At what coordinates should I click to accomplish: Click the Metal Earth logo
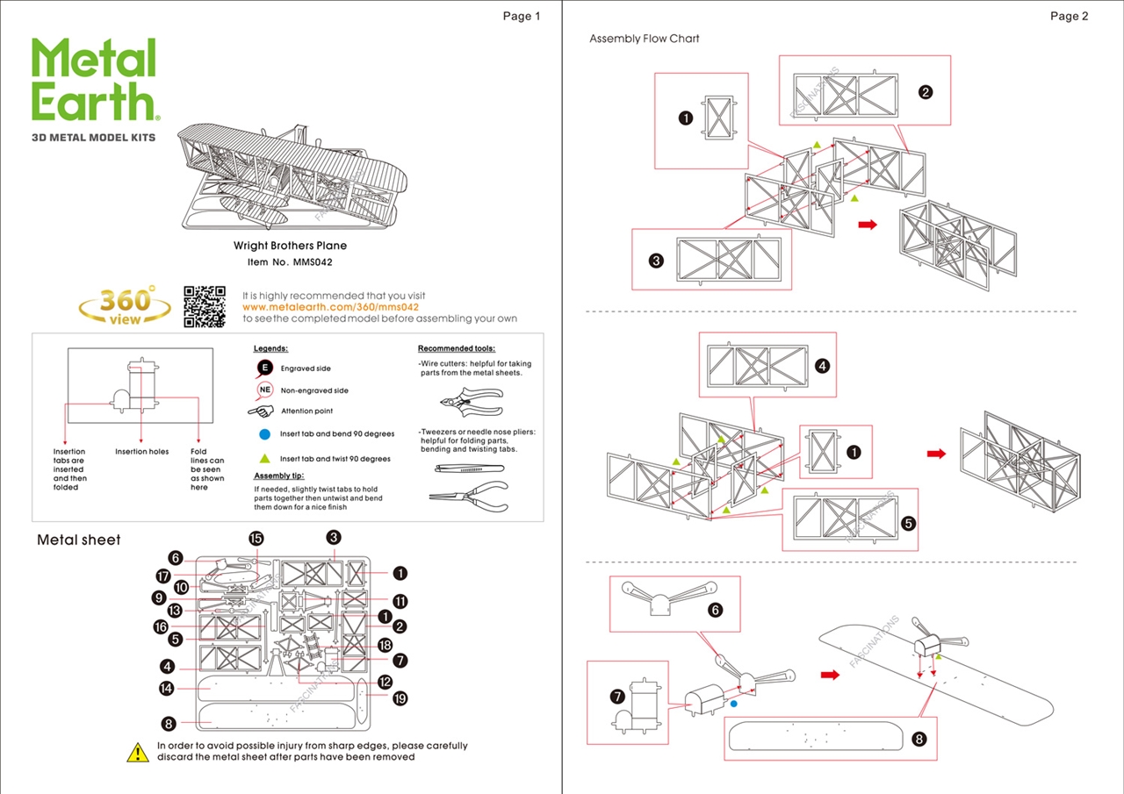tap(95, 81)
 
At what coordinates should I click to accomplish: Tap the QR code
tap(204, 306)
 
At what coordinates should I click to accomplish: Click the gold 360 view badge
tap(125, 305)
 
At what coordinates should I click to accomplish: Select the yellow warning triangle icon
tap(138, 752)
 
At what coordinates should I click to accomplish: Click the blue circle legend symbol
tap(264, 433)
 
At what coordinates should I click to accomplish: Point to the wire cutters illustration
tap(470, 402)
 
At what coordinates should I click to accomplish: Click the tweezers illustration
tap(468, 469)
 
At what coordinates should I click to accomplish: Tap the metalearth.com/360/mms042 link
tap(330, 307)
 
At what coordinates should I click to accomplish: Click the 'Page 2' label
tap(1069, 16)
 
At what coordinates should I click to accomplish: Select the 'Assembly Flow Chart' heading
tap(645, 39)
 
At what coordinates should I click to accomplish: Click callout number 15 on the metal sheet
tap(256, 538)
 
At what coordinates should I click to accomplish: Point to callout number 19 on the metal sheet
tap(400, 698)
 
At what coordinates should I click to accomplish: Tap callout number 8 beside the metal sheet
tap(169, 724)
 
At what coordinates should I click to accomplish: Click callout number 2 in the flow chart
tap(925, 92)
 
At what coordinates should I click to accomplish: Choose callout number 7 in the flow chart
tap(617, 697)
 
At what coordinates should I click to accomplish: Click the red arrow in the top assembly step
tap(868, 225)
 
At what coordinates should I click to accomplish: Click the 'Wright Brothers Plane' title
tap(290, 247)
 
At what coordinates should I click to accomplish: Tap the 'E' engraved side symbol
tap(264, 368)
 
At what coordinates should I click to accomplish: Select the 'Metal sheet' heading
tap(79, 540)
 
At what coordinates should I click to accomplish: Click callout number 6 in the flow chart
tap(715, 609)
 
